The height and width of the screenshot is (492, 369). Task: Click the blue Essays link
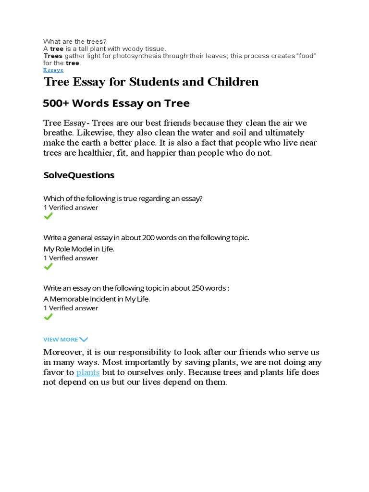[x=53, y=70]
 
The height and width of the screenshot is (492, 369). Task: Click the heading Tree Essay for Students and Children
[x=151, y=82]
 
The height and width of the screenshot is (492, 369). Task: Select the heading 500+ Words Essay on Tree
[x=116, y=103]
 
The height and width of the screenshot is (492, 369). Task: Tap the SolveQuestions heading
[x=79, y=175]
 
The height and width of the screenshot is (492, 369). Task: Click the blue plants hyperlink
[x=88, y=372]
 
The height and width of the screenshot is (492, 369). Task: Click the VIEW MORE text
[x=61, y=340]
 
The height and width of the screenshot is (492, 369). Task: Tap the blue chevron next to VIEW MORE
[x=84, y=340]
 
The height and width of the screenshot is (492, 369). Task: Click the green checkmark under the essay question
[x=48, y=217]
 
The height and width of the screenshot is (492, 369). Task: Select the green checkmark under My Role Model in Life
[x=48, y=267]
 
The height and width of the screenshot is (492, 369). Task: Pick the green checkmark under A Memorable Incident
[x=48, y=317]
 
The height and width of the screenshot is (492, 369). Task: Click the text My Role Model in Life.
[x=79, y=249]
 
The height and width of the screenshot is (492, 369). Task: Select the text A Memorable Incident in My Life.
[x=97, y=299]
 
